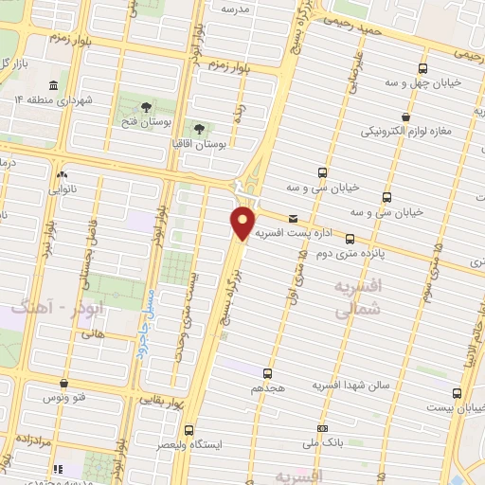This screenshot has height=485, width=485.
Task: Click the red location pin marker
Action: (x=243, y=224)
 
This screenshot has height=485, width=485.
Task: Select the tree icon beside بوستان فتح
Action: (x=146, y=107)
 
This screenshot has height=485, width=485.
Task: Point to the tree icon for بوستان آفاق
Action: (x=199, y=129)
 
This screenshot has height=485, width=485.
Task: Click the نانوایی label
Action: (x=63, y=189)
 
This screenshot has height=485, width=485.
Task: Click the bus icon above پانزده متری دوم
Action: (x=350, y=239)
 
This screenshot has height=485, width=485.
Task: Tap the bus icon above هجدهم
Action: (x=268, y=372)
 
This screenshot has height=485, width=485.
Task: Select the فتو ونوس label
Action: (x=63, y=398)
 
